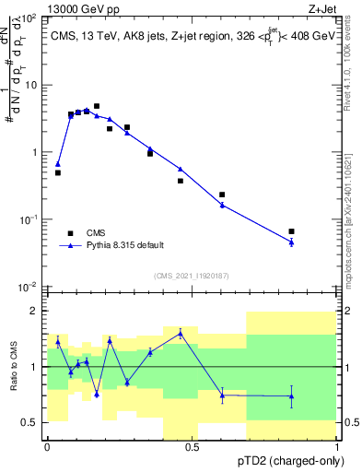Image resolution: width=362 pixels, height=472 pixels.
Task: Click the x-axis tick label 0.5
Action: (192, 447)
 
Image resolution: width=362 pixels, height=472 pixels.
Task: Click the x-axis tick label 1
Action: (337, 447)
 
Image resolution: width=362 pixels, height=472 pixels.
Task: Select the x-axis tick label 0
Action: (47, 447)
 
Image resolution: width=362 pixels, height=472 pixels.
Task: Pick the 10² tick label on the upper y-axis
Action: (30, 18)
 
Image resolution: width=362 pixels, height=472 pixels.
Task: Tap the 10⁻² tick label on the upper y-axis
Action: (30, 287)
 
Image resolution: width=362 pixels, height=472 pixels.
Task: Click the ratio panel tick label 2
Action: (35, 311)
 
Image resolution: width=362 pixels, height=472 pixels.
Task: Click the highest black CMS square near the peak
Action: (97, 106)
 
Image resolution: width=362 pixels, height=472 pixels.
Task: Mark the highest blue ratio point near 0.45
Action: (181, 333)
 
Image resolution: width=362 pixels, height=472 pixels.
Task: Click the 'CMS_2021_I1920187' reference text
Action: (191, 276)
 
